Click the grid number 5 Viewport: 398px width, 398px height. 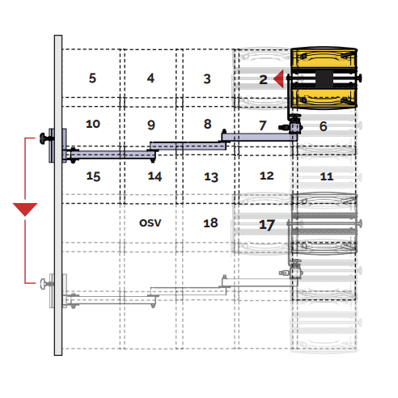[x=92, y=78]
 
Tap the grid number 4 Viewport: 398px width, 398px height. [x=150, y=78]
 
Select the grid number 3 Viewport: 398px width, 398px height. [x=207, y=78]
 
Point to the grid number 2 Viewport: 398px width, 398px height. [x=263, y=79]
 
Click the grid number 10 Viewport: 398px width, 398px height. [x=93, y=124]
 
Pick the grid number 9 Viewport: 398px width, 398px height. [x=151, y=125]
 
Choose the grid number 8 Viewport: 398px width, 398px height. [x=207, y=124]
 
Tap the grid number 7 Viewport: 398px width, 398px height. [x=263, y=125]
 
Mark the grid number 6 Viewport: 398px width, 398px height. [x=323, y=126]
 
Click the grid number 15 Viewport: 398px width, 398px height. [x=93, y=176]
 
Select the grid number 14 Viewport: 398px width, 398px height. [x=155, y=176]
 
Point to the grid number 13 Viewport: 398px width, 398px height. [x=211, y=177]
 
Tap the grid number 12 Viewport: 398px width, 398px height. [x=267, y=176]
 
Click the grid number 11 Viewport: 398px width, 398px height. [x=327, y=176]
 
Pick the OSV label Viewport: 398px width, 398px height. [x=150, y=223]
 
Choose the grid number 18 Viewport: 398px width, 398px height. [x=210, y=223]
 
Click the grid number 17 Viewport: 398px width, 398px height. [x=267, y=225]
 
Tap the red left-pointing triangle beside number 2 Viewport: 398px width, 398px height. [x=280, y=79]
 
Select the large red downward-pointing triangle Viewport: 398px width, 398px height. [x=25, y=210]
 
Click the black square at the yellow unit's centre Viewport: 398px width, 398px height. [x=324, y=78]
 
